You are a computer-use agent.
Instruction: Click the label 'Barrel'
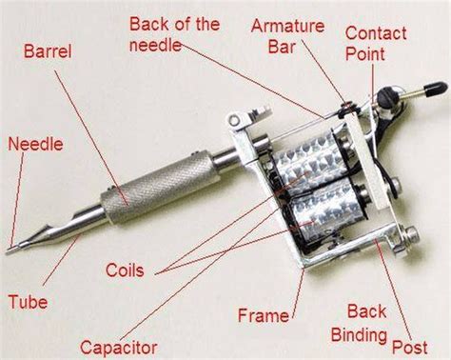48,51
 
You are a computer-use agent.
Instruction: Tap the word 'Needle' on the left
35,144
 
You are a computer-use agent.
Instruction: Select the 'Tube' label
28,301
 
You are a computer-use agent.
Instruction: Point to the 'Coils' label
125,270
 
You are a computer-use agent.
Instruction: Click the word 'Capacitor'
119,348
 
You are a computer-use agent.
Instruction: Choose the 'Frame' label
264,315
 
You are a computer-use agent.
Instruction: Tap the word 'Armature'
287,26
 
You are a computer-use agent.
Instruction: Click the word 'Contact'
376,33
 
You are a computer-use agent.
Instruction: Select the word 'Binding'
359,335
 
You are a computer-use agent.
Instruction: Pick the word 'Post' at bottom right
410,347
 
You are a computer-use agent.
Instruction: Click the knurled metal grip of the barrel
161,189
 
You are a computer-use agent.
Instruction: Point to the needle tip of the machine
7,252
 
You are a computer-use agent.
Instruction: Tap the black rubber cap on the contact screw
435,88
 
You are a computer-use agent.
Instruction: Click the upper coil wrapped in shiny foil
307,160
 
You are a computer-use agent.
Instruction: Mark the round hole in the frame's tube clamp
234,120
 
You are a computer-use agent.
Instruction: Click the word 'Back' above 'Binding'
367,310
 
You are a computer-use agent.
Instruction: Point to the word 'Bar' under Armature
282,47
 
